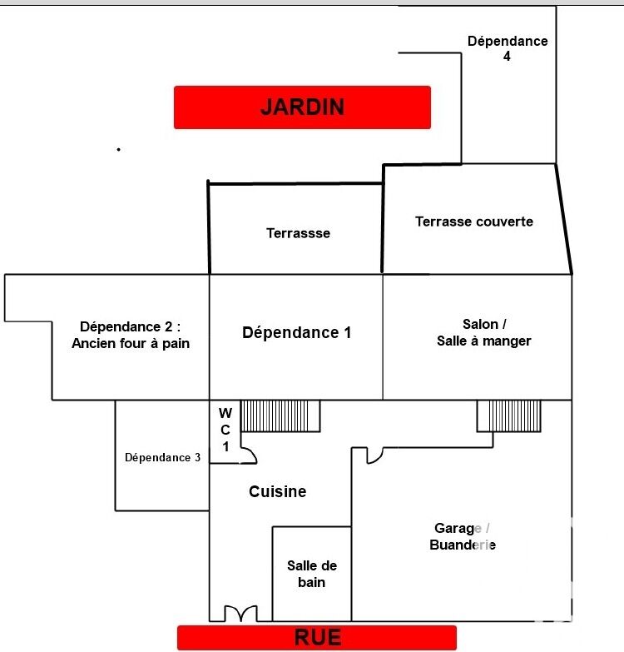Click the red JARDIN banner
pos(302,107)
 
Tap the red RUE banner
pos(317,638)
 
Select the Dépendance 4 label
pos(508,48)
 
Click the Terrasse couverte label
pos(474,221)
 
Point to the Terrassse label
pos(299,233)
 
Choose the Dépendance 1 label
pos(297,332)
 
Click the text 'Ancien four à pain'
pos(131,343)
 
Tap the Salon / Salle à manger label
pos(484,332)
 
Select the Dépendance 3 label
pos(162,457)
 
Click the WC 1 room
pos(225,431)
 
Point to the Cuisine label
pos(278,491)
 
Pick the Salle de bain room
pos(312,574)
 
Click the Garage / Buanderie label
pos(463,536)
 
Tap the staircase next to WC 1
pos(280,416)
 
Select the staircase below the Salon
pos(509,416)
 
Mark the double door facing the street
pos(241,614)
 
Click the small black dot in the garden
pos(119,149)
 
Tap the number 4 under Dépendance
pos(507,56)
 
